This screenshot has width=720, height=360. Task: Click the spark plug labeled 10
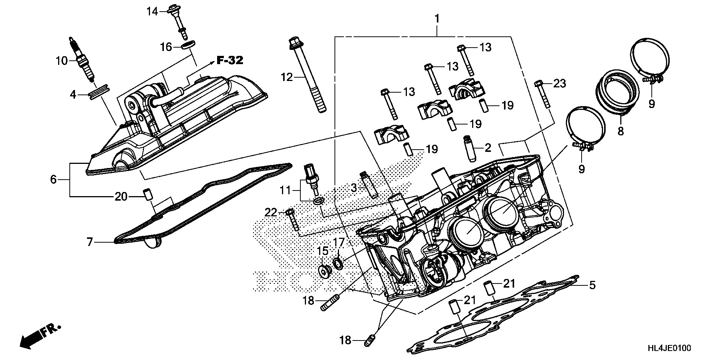click(81, 60)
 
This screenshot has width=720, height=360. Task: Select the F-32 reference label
click(230, 60)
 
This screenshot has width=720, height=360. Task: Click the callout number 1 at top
click(437, 18)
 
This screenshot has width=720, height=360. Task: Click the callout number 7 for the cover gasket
click(89, 242)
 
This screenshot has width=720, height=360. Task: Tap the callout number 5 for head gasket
click(592, 285)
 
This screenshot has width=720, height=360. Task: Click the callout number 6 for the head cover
click(53, 180)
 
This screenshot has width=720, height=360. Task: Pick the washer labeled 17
click(338, 263)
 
